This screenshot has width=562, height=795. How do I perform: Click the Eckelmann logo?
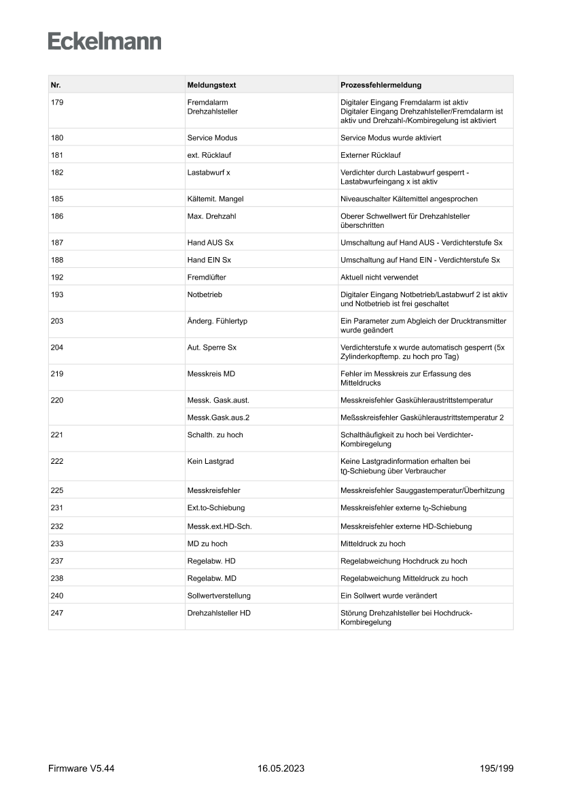coord(105,41)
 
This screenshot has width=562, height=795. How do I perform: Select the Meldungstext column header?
coord(211,85)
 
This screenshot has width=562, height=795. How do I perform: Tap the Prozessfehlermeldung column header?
coord(381,85)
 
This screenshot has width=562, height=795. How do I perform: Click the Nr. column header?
coord(56,85)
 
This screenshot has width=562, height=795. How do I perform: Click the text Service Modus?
coord(212,137)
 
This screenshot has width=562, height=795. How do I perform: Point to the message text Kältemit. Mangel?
coord(215,199)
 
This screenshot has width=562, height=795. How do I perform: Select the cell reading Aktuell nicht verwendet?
coord(379,277)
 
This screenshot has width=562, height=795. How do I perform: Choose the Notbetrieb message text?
coord(205,294)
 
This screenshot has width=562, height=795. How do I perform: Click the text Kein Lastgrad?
coord(211,461)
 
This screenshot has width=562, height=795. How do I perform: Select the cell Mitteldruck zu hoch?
coord(373,543)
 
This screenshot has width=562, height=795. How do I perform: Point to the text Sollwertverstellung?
coord(219,596)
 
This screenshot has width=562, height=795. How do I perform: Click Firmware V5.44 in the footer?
coord(82,768)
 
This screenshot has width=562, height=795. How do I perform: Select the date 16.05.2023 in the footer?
coord(281,768)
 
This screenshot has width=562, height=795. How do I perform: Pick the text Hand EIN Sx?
coord(209,260)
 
